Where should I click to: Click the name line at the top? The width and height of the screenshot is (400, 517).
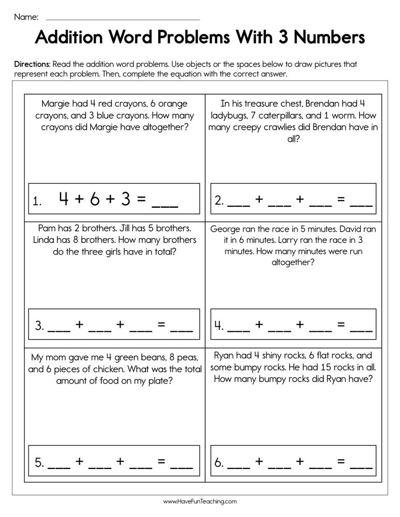(123, 19)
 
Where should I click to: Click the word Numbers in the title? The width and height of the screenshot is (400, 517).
(320, 38)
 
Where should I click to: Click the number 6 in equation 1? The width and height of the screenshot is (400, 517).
(94, 200)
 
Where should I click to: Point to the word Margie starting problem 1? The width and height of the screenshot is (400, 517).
(56, 103)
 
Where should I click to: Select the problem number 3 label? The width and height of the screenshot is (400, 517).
(39, 326)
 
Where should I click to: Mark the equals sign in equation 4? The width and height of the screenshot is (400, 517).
(340, 325)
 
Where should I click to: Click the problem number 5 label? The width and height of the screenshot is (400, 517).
(39, 463)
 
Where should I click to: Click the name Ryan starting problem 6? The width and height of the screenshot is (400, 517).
(224, 356)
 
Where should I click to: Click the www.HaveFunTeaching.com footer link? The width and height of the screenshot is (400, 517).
(200, 501)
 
